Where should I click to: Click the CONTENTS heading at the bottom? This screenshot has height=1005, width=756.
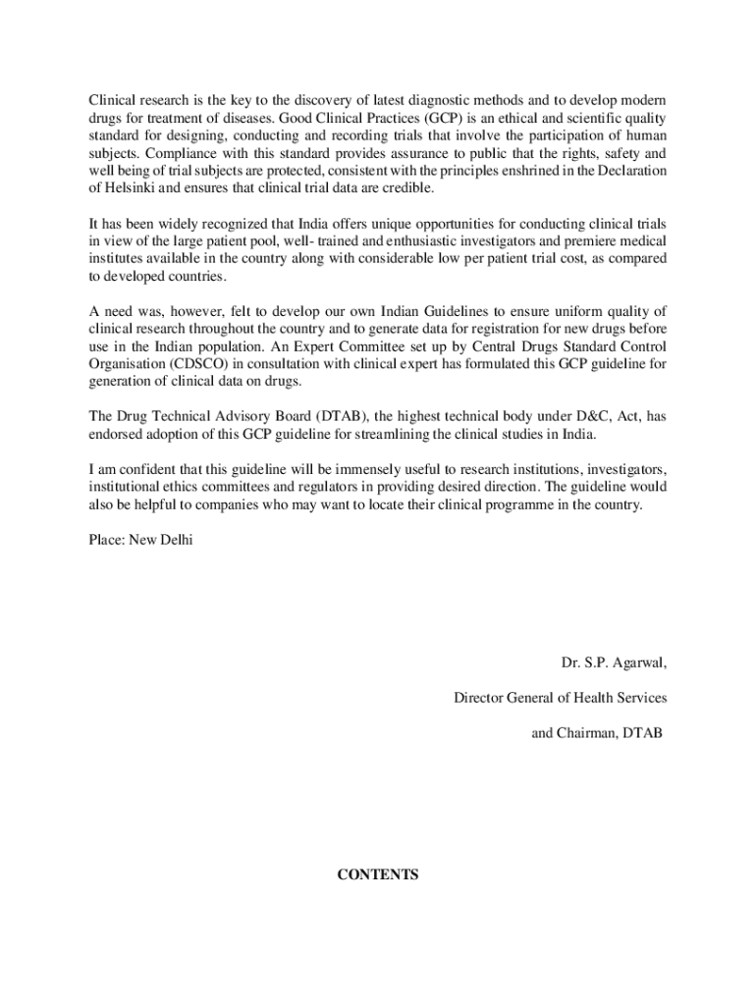378,874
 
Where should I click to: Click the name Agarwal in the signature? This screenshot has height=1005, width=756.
638,662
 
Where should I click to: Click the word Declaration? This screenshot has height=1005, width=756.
630,171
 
